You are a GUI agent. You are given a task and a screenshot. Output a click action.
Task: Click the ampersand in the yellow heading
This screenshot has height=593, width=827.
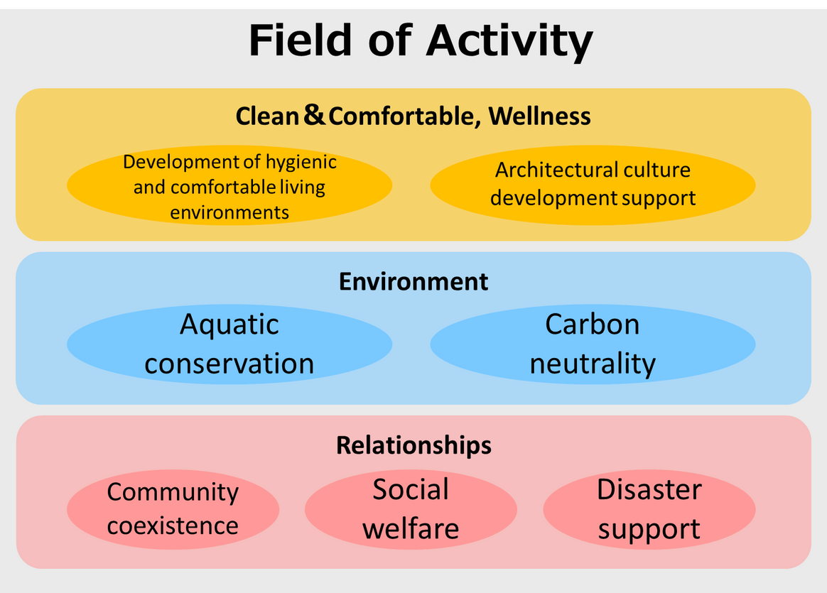(314, 114)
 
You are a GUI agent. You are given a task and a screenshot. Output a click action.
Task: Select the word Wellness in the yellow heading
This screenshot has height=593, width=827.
(539, 116)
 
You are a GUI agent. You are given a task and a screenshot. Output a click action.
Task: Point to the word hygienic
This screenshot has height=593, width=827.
(301, 163)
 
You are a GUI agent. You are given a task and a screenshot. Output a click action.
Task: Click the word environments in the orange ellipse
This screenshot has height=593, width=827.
(229, 212)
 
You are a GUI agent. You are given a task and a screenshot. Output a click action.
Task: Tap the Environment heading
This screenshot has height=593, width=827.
(413, 281)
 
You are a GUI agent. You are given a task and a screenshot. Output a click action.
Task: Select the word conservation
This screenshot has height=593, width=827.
(229, 364)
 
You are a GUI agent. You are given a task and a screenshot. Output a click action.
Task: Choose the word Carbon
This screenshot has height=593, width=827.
(593, 324)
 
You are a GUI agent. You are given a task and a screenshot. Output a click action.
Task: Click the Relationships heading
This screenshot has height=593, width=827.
(414, 446)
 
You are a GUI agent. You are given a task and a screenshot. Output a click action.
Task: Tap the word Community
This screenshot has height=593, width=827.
(173, 493)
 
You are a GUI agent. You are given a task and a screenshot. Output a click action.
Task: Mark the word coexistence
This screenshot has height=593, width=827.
(173, 526)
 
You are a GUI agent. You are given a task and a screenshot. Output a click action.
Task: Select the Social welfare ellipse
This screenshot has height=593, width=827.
(411, 510)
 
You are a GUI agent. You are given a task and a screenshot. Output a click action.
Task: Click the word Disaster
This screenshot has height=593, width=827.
(649, 490)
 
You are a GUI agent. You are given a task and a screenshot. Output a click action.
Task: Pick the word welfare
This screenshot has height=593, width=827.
(411, 528)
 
